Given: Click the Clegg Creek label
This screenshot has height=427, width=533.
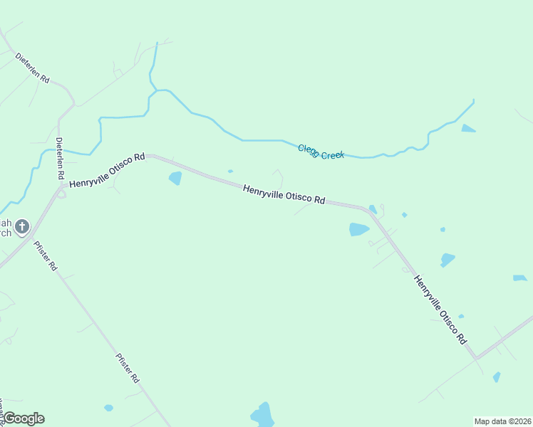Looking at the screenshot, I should tap(321, 152).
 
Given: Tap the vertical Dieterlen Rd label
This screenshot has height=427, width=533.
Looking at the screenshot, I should tap(60, 158).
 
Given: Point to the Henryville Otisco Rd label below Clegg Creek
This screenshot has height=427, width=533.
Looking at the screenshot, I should tap(284, 194).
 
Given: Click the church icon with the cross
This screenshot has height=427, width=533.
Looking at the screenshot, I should tap(22, 227).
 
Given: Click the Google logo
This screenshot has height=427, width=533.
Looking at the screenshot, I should tap(24, 418).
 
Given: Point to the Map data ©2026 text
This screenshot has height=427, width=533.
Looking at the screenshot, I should tap(503, 421).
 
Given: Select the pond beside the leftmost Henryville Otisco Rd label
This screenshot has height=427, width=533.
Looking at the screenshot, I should tap(175, 178).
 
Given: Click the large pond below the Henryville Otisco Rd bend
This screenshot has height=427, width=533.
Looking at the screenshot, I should tap(358, 229).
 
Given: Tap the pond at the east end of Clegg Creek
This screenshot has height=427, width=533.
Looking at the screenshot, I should tap(467, 128).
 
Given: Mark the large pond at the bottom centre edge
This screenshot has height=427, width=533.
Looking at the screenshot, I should tap(262, 415).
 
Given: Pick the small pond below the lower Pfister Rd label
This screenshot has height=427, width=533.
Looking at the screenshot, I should tap(108, 408).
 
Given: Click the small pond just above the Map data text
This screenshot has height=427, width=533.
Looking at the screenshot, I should tap(497, 376).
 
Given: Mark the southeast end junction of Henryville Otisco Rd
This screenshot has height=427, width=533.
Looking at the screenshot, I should tap(475, 356).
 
